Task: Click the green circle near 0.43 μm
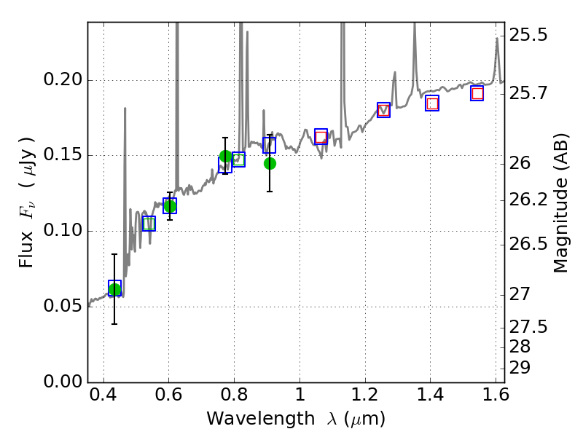click(x=114, y=290)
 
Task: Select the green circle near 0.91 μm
click(x=270, y=163)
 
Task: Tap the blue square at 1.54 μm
click(x=477, y=93)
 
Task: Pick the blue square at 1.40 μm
click(x=432, y=103)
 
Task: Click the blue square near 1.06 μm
click(x=321, y=136)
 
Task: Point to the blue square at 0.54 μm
click(x=149, y=224)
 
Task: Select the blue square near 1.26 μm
click(x=383, y=110)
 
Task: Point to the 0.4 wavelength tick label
click(x=103, y=398)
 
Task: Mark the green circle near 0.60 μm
click(x=170, y=206)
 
